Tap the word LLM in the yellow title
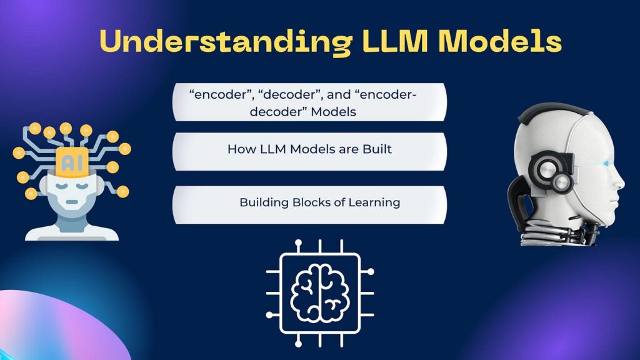tap(395, 41)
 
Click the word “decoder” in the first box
tap(291, 95)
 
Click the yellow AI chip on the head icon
tap(72, 162)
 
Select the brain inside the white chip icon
tap(320, 292)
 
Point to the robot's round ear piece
tap(551, 174)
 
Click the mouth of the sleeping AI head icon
tap(72, 202)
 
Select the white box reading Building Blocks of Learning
tap(310, 205)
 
